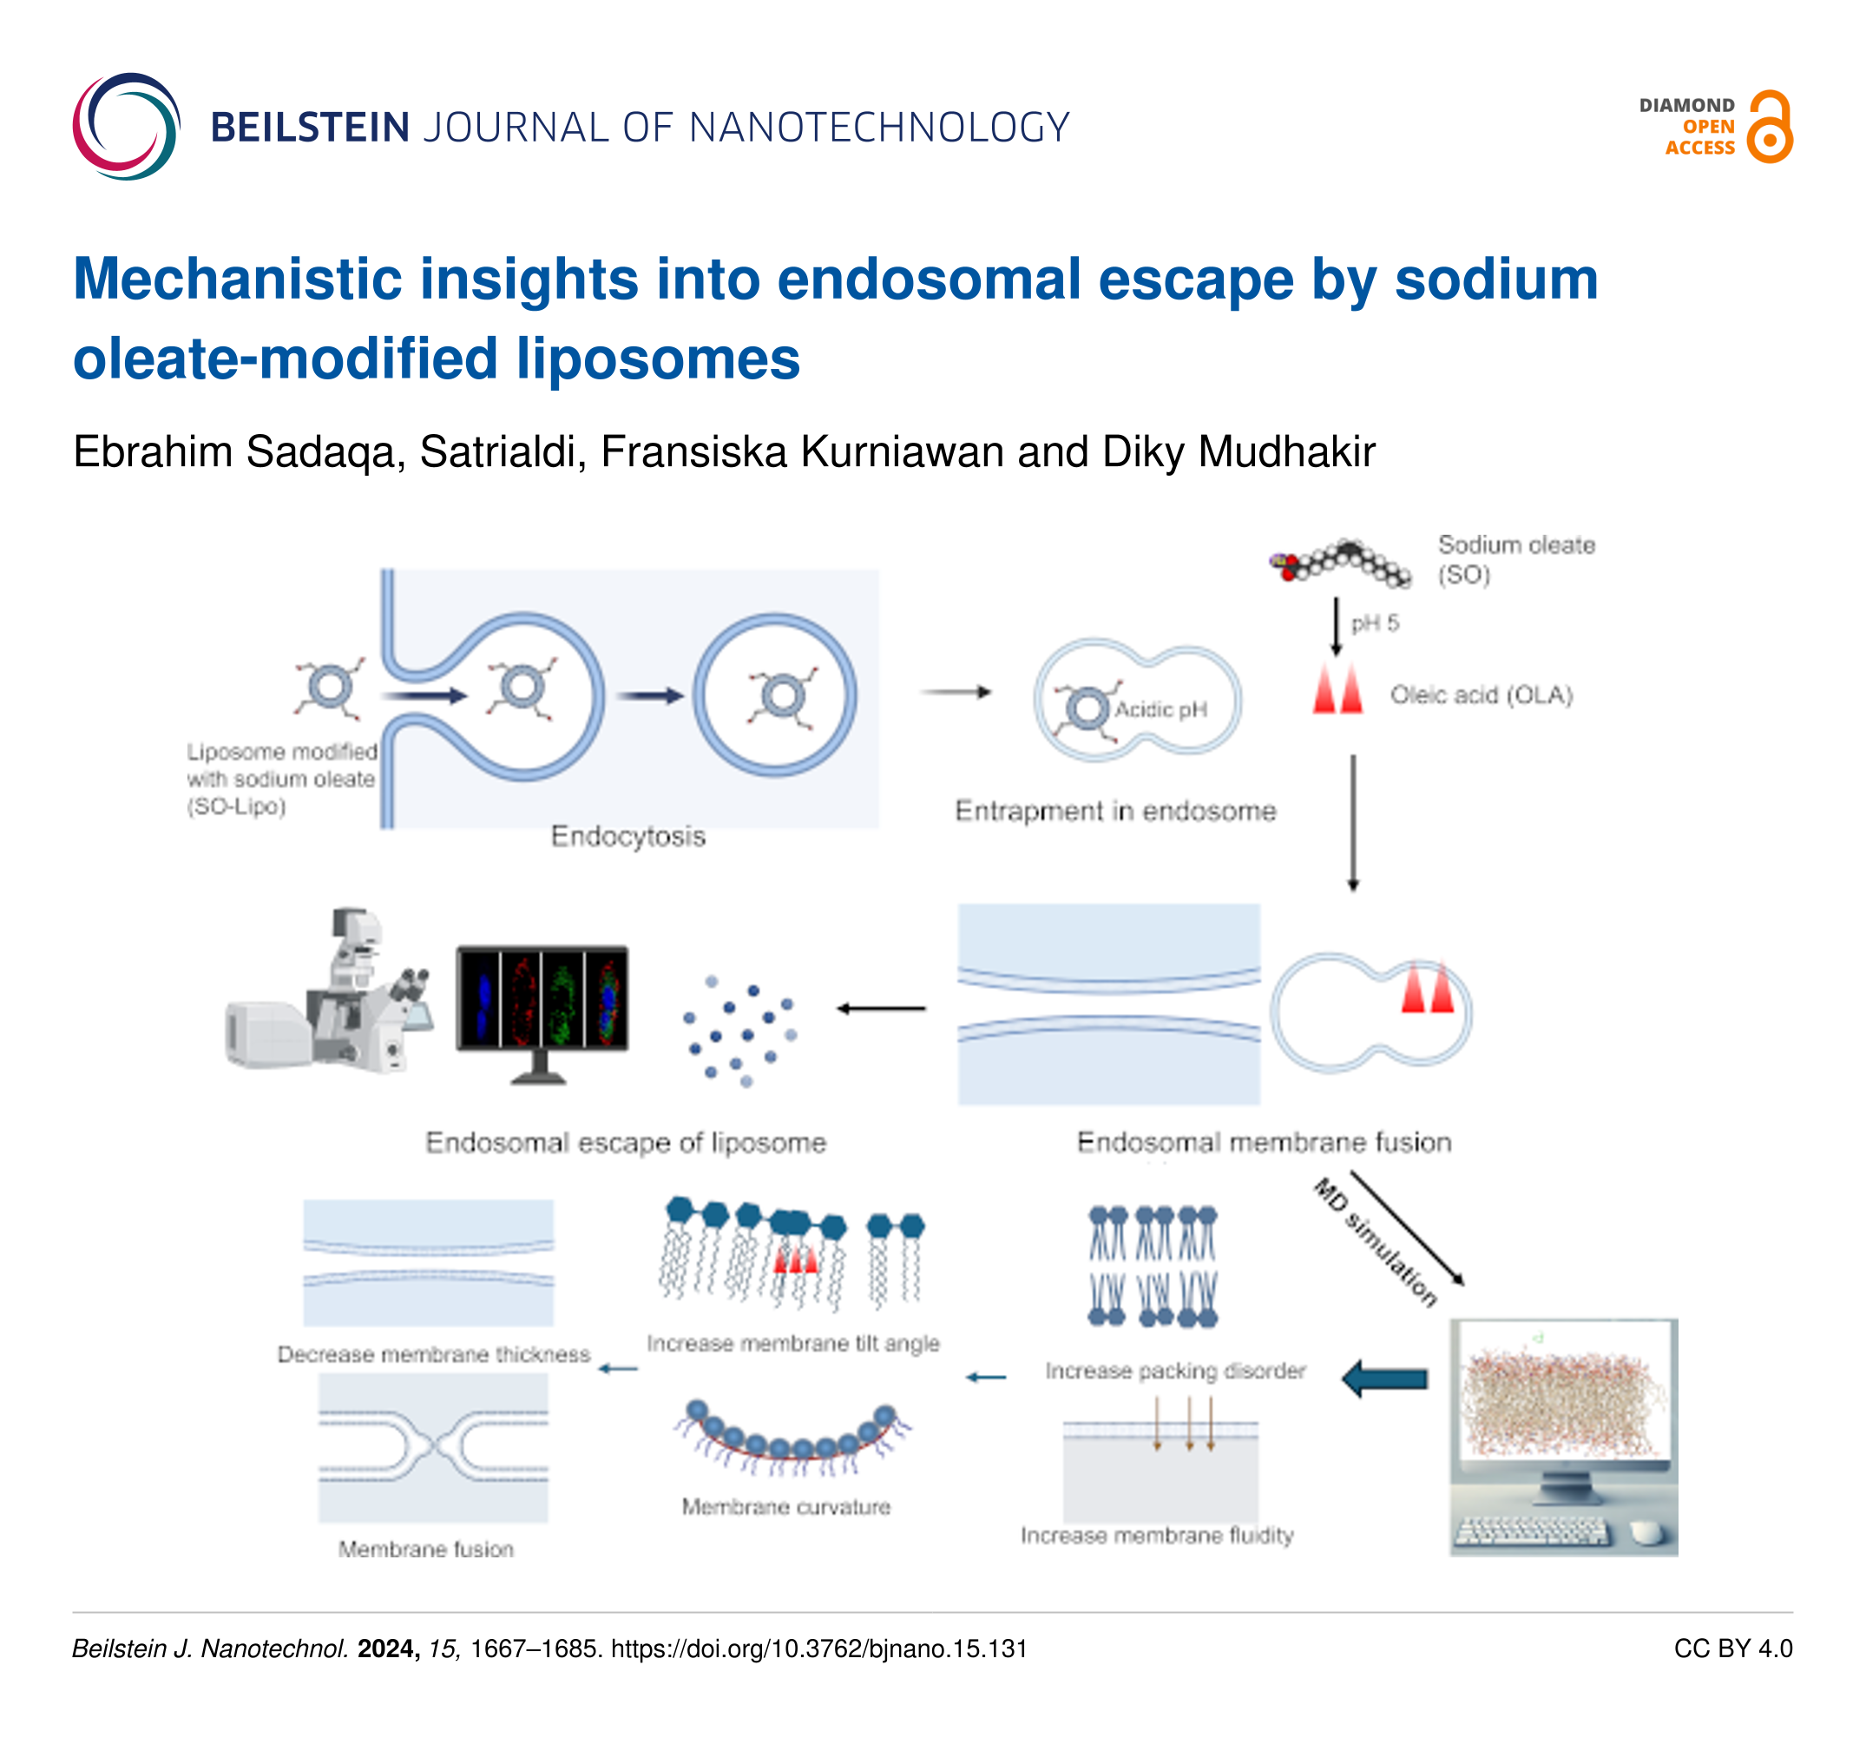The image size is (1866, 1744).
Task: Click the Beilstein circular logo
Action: coord(126,127)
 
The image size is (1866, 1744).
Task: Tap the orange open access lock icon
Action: coord(1770,127)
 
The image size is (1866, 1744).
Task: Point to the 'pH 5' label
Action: coord(1374,623)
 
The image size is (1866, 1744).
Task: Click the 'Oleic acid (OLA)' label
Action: coord(1481,694)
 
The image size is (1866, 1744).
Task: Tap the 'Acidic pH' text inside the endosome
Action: coord(1161,709)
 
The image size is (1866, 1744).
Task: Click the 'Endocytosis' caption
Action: coord(628,836)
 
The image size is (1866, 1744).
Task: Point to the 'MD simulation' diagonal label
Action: coord(1374,1243)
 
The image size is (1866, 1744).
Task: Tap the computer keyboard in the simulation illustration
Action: coord(1529,1532)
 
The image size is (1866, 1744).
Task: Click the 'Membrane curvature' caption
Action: coord(785,1506)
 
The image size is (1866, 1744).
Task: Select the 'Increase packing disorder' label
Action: coord(1175,1371)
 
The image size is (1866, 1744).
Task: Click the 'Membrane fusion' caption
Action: coord(426,1549)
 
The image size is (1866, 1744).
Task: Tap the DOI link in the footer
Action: coord(818,1649)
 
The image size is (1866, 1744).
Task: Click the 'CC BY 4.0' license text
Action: coord(1731,1649)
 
